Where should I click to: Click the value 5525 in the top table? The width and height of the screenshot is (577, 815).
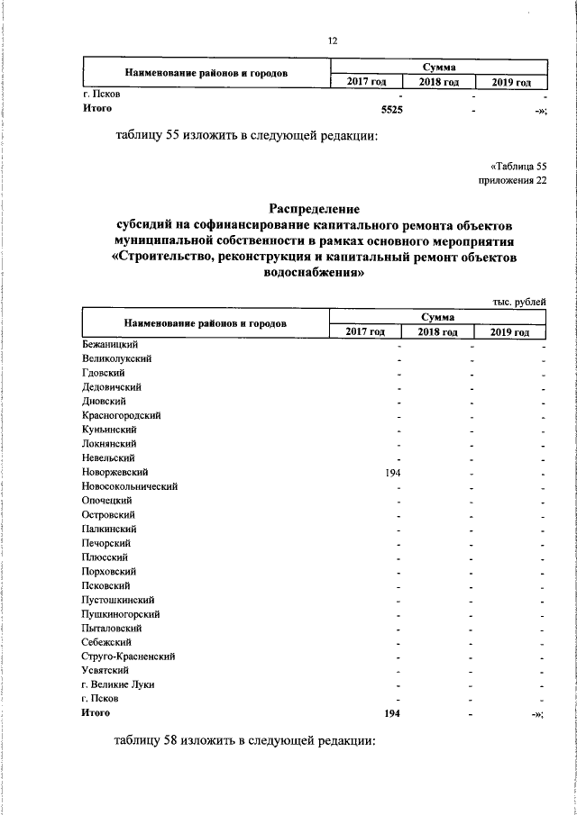391,109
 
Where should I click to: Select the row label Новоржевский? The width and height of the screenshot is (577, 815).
114,472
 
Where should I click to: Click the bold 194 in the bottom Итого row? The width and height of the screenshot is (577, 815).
391,713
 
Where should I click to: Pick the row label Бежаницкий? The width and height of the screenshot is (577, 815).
109,344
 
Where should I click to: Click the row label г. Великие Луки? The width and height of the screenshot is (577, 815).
117,684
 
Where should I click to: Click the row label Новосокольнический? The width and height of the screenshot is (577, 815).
129,486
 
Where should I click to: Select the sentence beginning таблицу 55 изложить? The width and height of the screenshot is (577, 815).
244,137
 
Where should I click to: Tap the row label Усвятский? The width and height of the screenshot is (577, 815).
105,671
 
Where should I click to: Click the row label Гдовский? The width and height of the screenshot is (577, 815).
103,373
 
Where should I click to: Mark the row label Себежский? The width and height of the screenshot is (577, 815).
106,642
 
